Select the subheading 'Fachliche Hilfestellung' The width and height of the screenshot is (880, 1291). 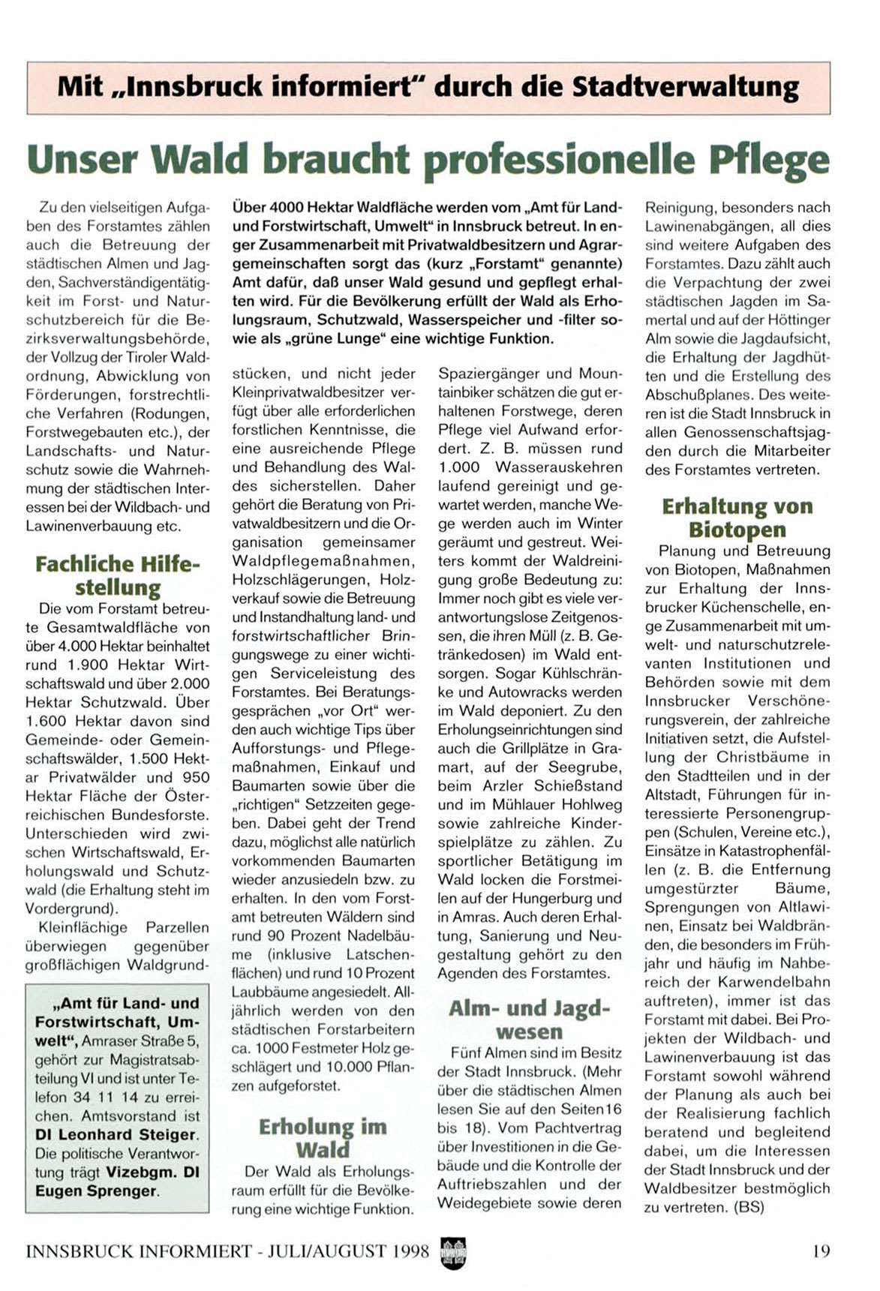coord(118,575)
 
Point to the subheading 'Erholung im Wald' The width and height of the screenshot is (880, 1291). coord(323,1138)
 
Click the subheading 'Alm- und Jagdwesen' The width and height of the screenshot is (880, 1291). coord(529,1019)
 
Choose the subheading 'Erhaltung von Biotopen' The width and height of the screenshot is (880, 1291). coord(737,518)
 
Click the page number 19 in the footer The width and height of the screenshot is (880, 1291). coord(821,1250)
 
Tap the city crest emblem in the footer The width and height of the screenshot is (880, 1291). coord(453,1252)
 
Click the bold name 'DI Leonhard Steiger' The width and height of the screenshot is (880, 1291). coord(116,1134)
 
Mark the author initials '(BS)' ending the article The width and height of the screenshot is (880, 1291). coord(748,1207)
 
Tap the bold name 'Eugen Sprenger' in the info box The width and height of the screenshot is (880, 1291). coord(95,1190)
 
